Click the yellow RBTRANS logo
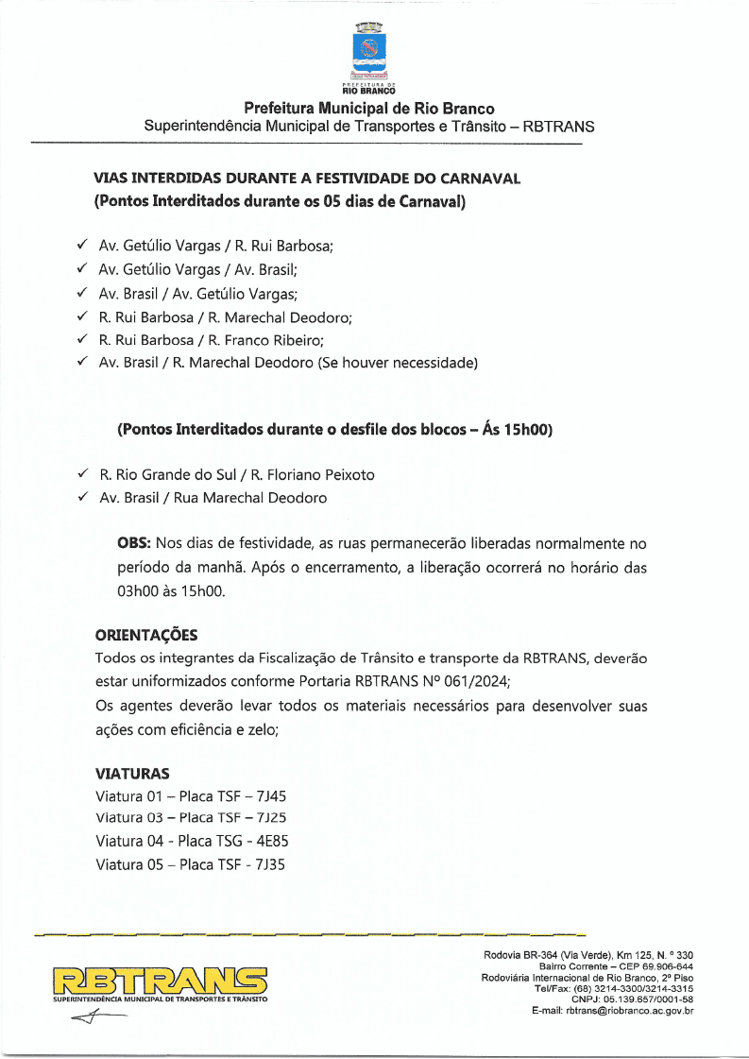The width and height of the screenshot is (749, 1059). point(161,980)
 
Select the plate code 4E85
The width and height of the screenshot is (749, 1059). point(273,840)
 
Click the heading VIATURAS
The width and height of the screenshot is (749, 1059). point(132,773)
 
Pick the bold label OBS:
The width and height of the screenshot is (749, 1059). point(134,544)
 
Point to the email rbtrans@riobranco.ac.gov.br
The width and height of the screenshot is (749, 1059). point(630,1011)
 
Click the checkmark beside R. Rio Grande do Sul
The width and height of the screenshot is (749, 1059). point(83,473)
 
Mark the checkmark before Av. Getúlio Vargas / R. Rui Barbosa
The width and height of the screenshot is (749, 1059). point(83,245)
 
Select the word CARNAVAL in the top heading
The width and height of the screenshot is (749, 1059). point(482,178)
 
